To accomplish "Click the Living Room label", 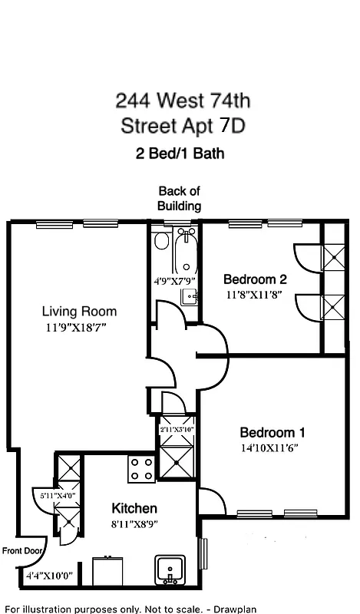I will [79, 311].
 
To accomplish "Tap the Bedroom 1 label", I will [272, 431].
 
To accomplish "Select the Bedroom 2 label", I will [255, 279].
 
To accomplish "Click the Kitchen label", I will [134, 508].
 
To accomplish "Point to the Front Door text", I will [21, 550].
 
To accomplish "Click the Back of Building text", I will [179, 198].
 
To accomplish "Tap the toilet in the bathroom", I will [161, 241].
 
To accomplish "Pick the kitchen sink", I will [170, 569].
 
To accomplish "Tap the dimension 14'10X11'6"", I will [272, 447].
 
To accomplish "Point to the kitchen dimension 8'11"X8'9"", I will [134, 525].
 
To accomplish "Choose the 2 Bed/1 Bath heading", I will [179, 153].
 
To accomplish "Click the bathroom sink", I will [190, 295].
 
